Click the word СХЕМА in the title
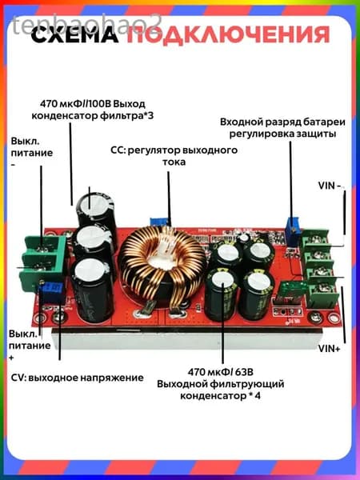[x=74, y=34]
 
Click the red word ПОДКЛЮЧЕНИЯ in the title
[x=228, y=35]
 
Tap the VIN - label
[x=330, y=186]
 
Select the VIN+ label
[x=329, y=348]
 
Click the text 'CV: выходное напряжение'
[x=77, y=378]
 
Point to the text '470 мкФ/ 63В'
[x=221, y=372]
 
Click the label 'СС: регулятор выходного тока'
[x=174, y=156]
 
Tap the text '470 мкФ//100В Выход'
[x=93, y=104]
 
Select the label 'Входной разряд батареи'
[x=282, y=122]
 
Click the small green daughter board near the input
[x=293, y=293]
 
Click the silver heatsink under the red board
[x=186, y=338]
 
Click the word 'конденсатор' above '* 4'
[x=213, y=396]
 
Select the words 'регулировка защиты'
[x=282, y=134]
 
